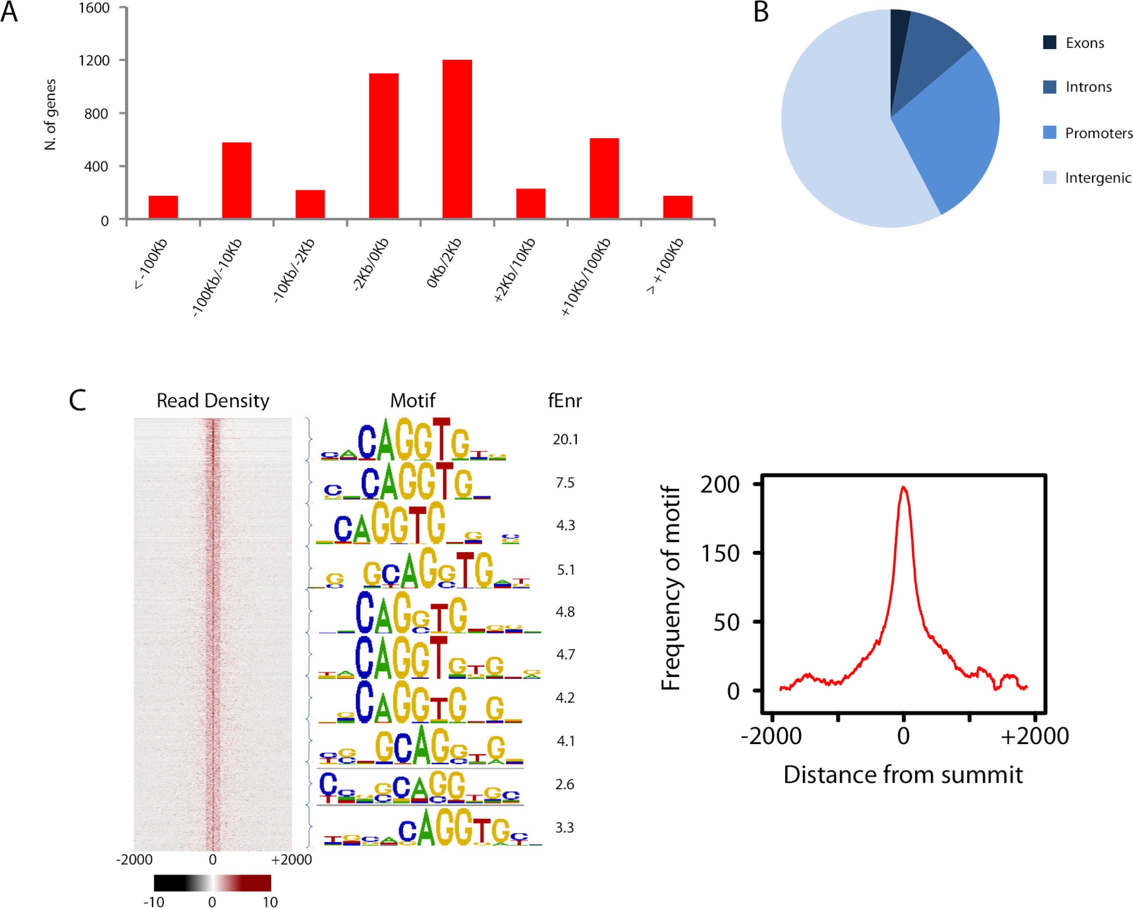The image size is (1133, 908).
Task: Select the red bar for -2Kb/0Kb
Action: pos(384,146)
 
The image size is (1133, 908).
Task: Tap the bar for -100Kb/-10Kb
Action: pos(236,180)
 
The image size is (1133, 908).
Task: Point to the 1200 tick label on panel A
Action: pos(94,61)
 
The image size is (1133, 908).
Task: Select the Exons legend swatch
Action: pos(1049,43)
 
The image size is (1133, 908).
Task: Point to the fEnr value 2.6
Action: pos(565,784)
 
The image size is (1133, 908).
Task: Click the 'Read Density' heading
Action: pos(213,401)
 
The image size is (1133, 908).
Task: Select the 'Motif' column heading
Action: pos(412,401)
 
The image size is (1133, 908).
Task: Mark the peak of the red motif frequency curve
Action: pos(903,487)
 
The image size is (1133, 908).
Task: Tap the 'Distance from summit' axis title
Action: pos(903,775)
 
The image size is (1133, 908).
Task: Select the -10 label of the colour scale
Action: pos(153,902)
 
